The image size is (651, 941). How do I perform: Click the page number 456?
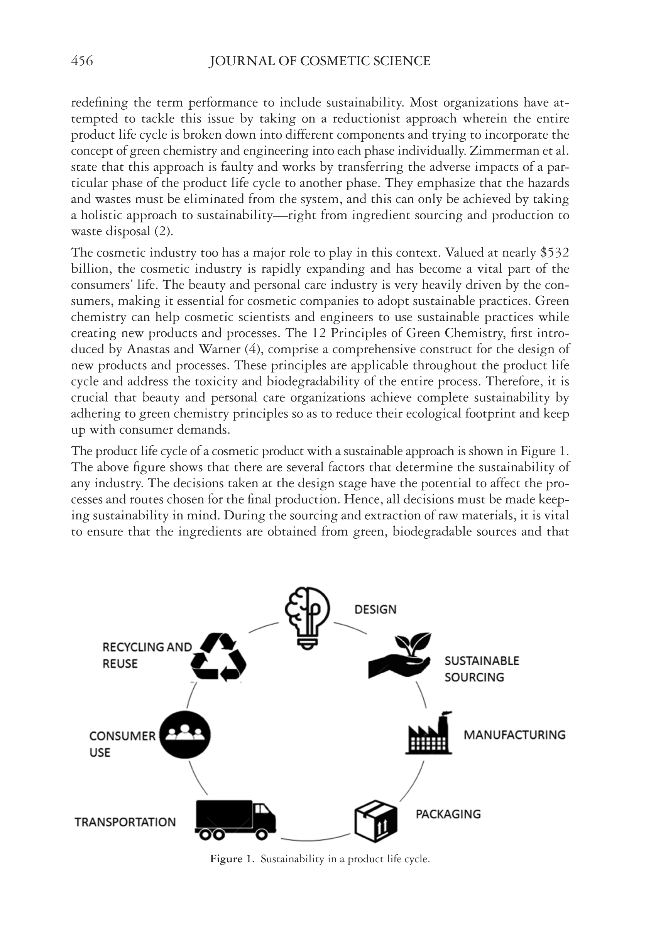82,61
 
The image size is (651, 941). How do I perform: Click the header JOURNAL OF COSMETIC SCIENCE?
320,61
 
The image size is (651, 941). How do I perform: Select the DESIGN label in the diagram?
375,610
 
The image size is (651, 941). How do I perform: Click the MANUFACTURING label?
514,735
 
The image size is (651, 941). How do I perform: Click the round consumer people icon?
185,734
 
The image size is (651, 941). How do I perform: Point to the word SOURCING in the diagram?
474,677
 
